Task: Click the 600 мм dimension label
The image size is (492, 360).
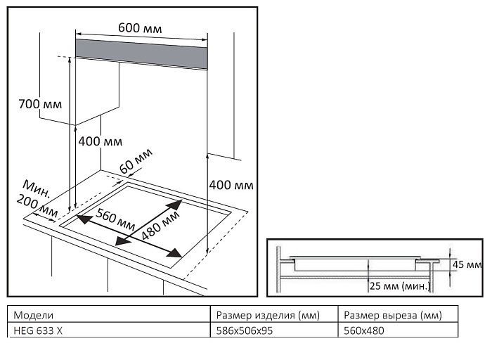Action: [x=140, y=28]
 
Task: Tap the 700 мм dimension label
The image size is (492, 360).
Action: [x=40, y=104]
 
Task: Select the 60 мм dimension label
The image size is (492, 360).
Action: [x=136, y=161]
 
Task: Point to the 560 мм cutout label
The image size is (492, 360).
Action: [x=115, y=219]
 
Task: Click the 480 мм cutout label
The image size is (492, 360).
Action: [x=160, y=225]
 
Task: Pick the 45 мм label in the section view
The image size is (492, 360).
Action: [x=467, y=264]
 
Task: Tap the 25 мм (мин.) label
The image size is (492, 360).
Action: [x=400, y=286]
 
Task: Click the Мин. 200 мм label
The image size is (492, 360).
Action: [x=37, y=199]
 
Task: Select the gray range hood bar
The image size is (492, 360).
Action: [x=141, y=54]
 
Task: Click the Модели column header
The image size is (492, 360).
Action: [x=34, y=315]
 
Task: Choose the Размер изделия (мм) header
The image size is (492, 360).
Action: [x=268, y=315]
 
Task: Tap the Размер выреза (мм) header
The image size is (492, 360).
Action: [x=392, y=315]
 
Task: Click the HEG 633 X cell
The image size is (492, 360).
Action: [x=38, y=330]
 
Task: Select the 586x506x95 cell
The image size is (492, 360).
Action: [x=245, y=330]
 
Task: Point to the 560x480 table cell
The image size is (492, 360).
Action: [x=363, y=330]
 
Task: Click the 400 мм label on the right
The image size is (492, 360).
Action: [x=231, y=185]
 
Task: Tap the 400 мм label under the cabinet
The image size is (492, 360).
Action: [x=100, y=141]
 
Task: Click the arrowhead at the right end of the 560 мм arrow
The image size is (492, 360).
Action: [x=175, y=252]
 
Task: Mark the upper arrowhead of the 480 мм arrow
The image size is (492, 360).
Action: [x=175, y=204]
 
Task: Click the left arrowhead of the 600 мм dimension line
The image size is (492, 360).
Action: [x=79, y=33]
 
